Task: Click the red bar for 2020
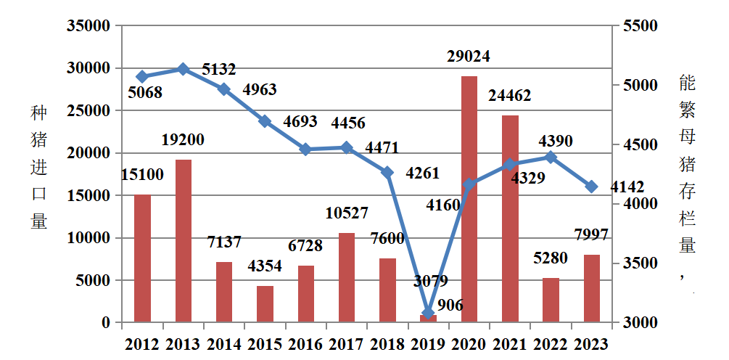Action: [x=469, y=199]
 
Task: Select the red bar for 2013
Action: [x=184, y=240]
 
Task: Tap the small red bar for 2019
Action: [x=429, y=318]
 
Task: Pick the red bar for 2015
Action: [x=265, y=303]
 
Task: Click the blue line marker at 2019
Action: [x=429, y=313]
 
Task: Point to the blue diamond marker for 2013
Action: [x=184, y=69]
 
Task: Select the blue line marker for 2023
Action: [x=592, y=187]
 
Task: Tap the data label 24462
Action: [x=509, y=95]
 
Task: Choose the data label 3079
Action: [x=431, y=281]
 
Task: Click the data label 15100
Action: [x=142, y=174]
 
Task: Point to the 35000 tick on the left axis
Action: [x=88, y=26]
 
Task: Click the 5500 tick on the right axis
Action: [x=639, y=26]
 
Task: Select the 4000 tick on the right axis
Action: [x=639, y=204]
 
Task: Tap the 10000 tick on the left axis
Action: [x=88, y=238]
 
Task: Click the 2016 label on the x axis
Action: [x=306, y=344]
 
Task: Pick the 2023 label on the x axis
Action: [x=591, y=344]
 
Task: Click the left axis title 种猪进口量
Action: [x=38, y=167]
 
